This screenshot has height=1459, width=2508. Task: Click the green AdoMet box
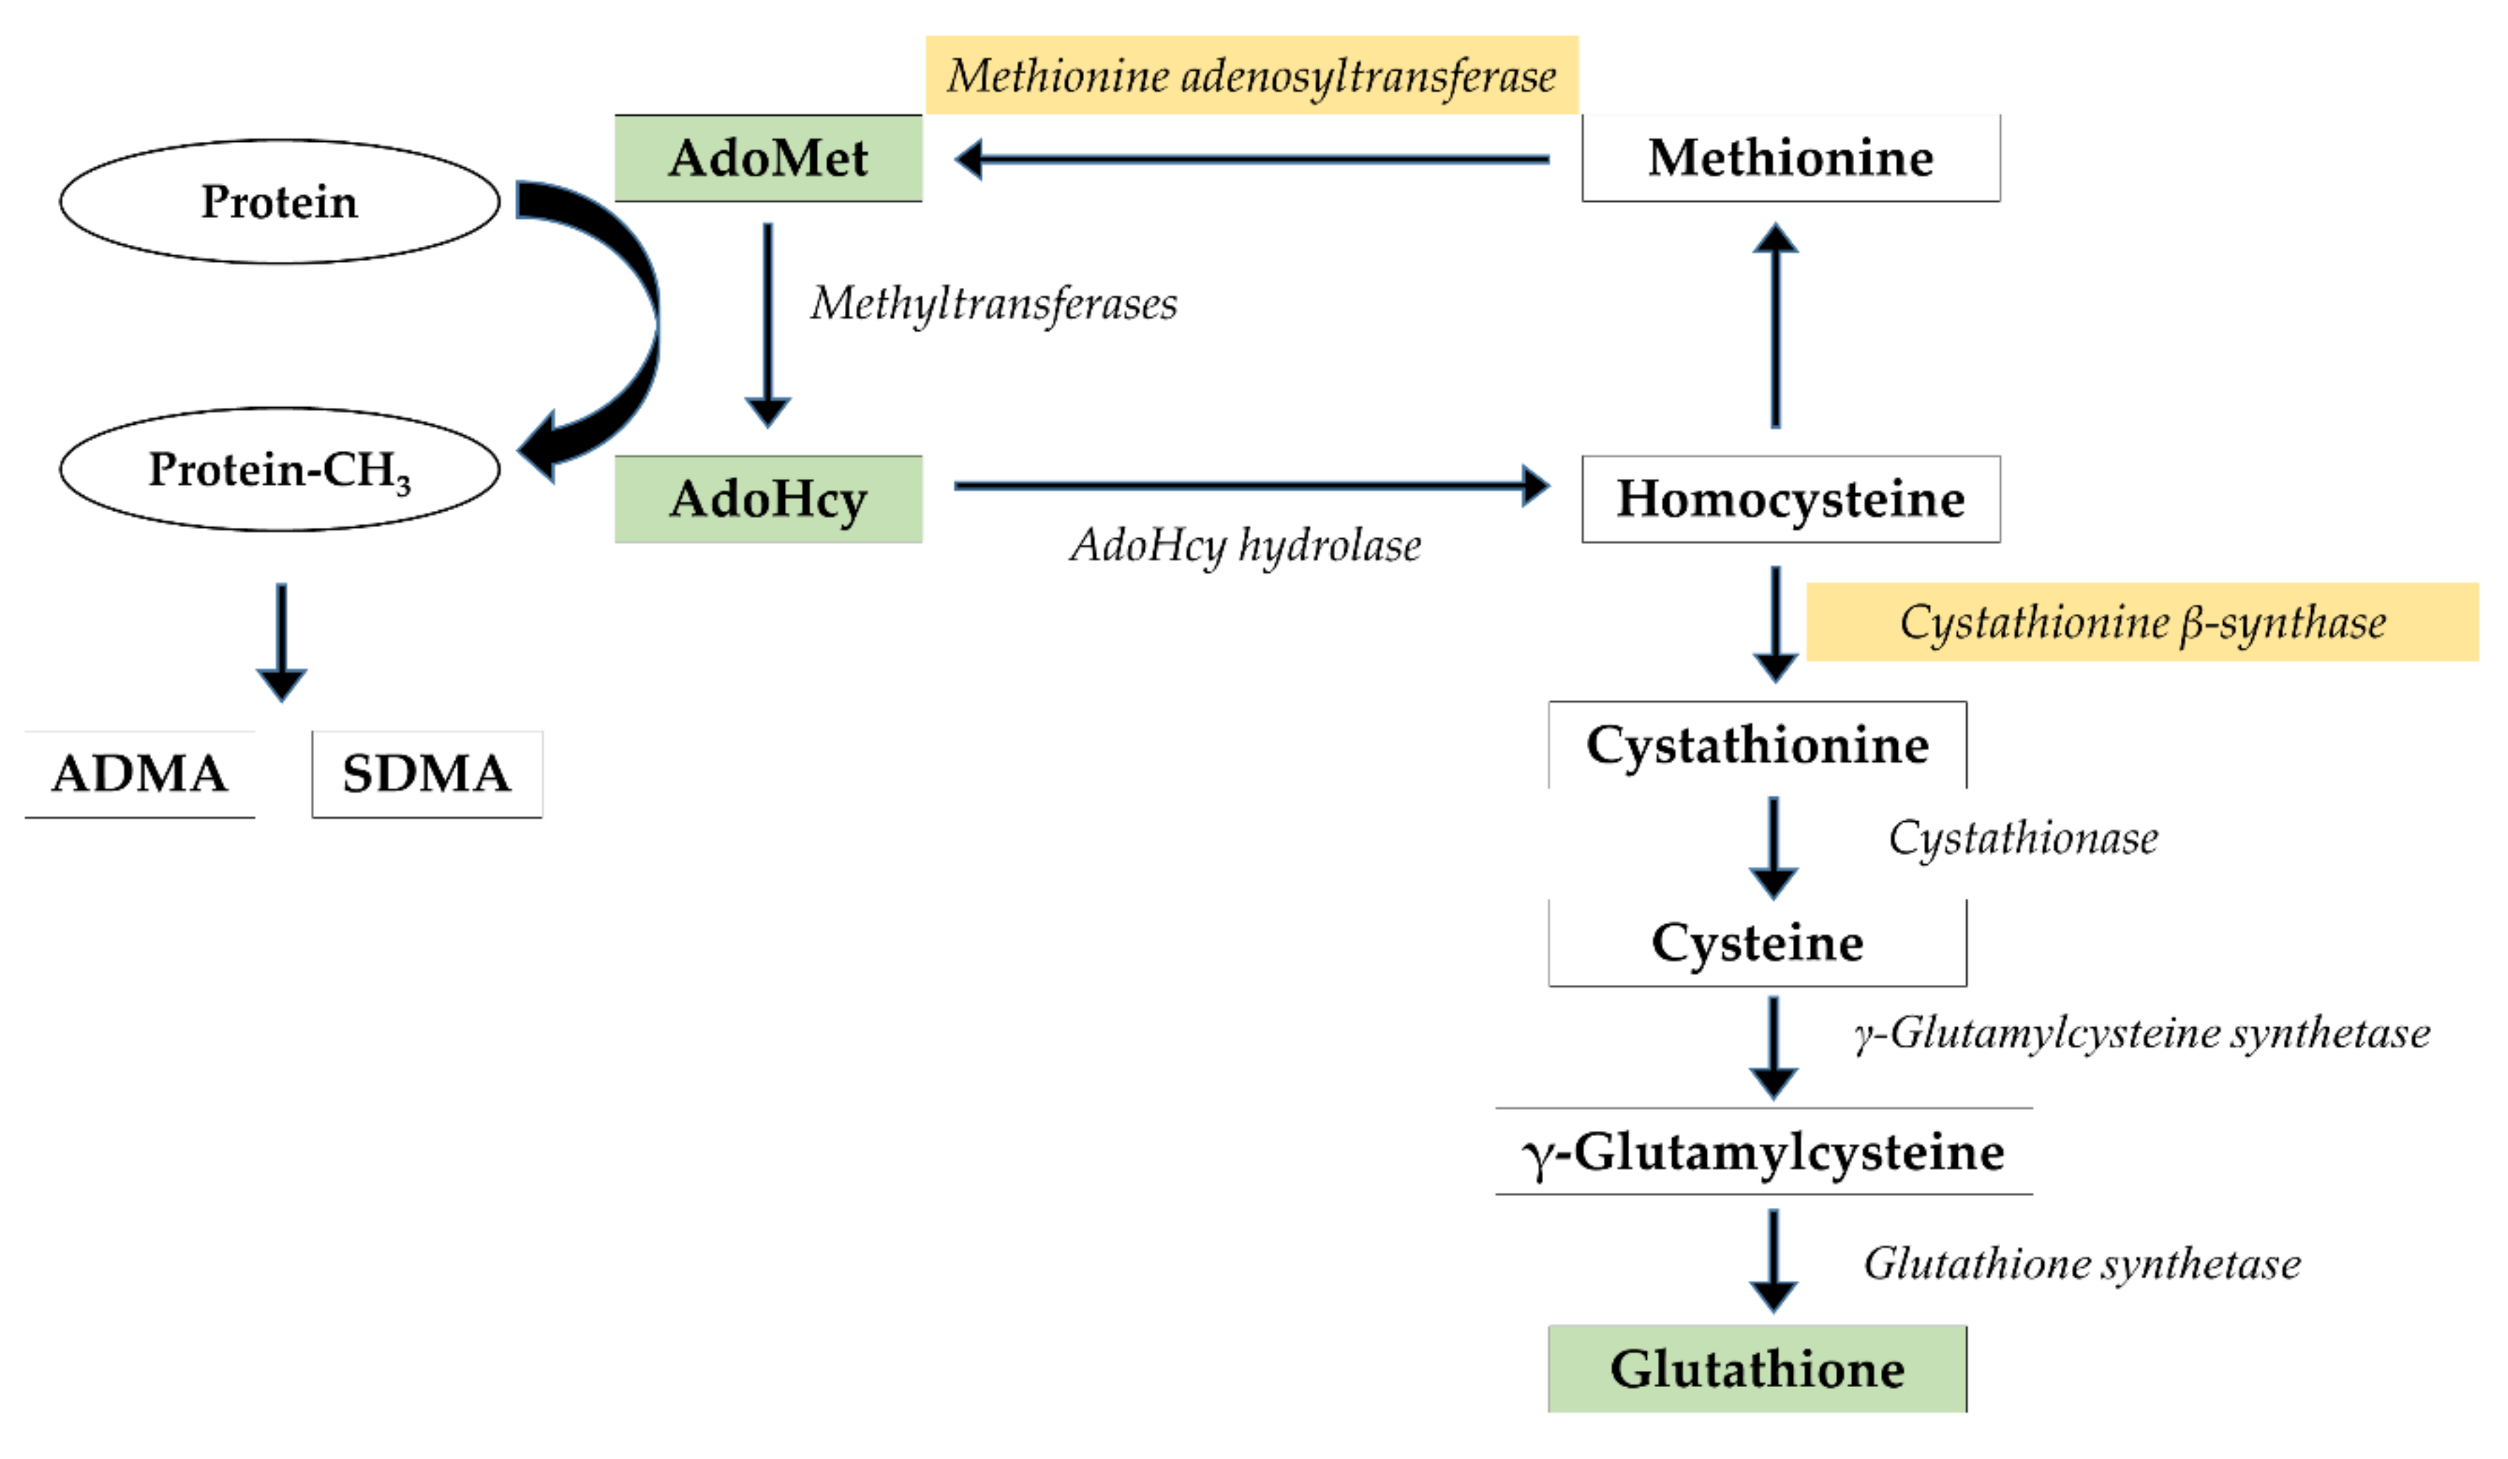[x=767, y=158]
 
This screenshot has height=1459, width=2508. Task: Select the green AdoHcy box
[x=767, y=499]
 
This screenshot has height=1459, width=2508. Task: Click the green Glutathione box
[x=1757, y=1369]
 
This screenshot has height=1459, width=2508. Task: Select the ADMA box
[x=140, y=773]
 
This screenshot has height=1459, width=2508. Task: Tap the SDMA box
[x=426, y=773]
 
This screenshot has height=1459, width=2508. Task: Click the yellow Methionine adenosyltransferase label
[x=1251, y=75]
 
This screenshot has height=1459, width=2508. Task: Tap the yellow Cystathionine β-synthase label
[x=2142, y=622]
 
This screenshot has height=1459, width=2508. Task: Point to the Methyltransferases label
[x=993, y=303]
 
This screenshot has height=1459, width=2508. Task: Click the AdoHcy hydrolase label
[x=1245, y=545]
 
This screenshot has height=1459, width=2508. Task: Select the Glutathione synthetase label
[x=2081, y=1264]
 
